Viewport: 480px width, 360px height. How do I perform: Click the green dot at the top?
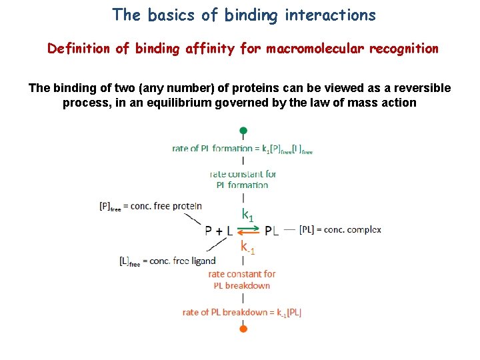(243, 131)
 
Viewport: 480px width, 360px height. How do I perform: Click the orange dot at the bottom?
(243, 329)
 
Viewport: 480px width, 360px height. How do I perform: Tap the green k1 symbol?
(247, 215)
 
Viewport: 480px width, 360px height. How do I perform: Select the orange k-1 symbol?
(247, 248)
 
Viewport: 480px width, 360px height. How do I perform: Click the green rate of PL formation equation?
(243, 149)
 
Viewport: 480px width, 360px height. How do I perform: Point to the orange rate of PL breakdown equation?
(242, 312)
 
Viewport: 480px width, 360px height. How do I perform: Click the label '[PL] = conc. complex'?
(340, 229)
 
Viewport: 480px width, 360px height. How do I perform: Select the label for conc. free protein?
(150, 206)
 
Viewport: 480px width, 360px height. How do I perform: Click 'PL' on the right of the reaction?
(272, 231)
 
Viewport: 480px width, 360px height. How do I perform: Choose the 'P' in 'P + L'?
(209, 231)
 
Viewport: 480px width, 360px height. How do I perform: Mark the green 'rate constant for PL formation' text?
(243, 179)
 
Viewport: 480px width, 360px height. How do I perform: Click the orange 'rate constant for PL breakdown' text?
(242, 279)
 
